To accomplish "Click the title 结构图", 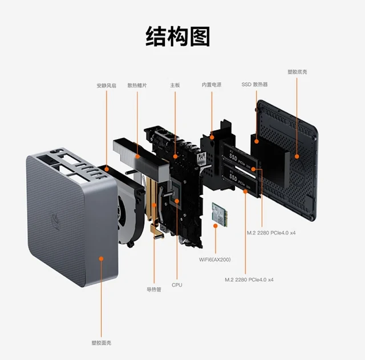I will coord(178,36).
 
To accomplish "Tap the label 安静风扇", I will coord(106,86).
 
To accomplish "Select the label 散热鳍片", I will coord(137,86).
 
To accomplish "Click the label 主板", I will coord(175,86).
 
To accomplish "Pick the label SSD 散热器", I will coord(254,85).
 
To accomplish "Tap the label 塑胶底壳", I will coord(297,72).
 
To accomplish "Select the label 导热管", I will coord(154,290).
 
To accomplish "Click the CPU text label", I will coord(177,284).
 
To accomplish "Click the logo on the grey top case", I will coord(55,219).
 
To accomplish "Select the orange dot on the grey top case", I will coord(102,258).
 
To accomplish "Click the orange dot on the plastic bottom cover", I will coord(297,155).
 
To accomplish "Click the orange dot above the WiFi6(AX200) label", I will coord(215,226).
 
